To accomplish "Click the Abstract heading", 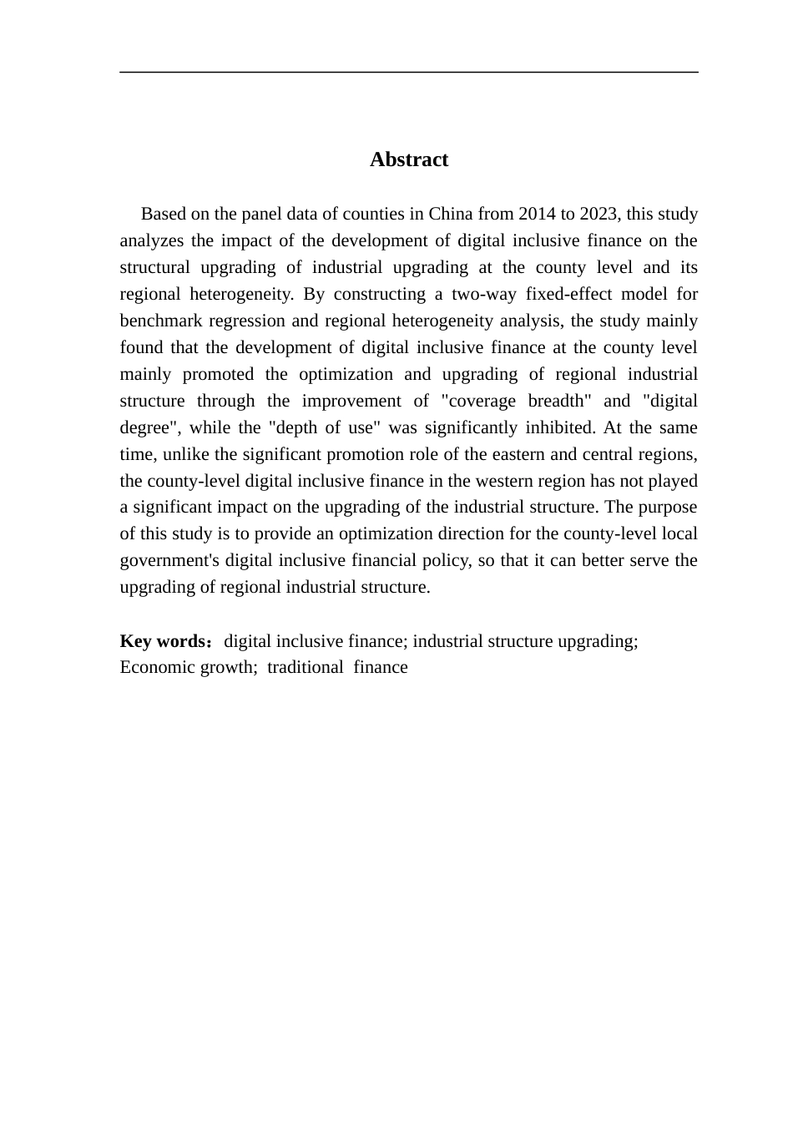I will [x=409, y=159].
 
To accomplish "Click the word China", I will [x=451, y=214].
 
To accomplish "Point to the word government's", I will [x=170, y=560].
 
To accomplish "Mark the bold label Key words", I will [x=163, y=641].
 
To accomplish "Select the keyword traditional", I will [x=305, y=667].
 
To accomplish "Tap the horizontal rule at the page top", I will [x=409, y=73].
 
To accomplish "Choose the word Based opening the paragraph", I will [x=164, y=214].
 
